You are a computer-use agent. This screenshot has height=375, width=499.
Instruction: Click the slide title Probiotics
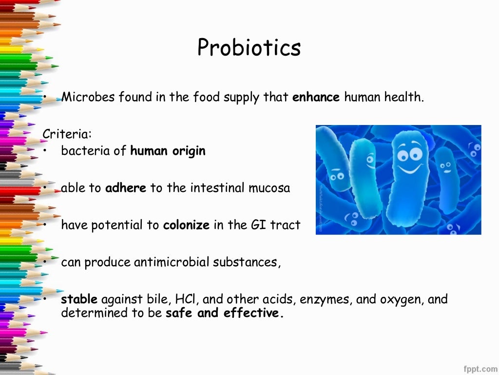pyautogui.click(x=249, y=47)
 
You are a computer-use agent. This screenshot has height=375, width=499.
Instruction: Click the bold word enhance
pyautogui.click(x=316, y=97)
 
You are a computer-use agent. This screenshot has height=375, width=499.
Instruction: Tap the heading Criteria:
pyautogui.click(x=67, y=133)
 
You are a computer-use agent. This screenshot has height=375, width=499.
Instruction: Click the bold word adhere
pyautogui.click(x=126, y=188)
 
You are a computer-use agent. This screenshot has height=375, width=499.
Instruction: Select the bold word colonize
pyautogui.click(x=186, y=225)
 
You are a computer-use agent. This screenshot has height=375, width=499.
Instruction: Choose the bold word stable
pyautogui.click(x=79, y=299)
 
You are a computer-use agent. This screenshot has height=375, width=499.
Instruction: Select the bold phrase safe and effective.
pyautogui.click(x=224, y=313)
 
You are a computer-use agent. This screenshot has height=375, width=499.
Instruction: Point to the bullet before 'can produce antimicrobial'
pyautogui.click(x=44, y=262)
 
